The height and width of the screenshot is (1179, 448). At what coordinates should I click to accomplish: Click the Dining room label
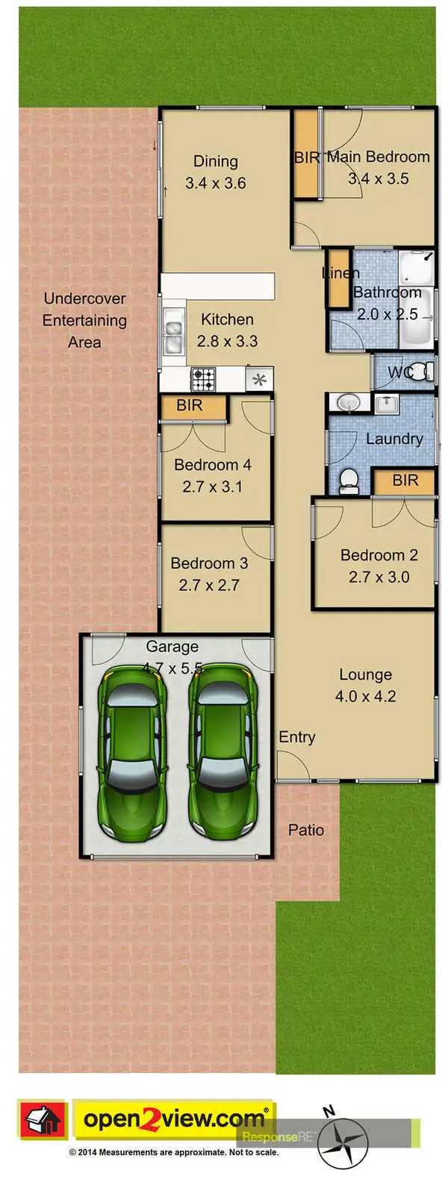click(x=215, y=161)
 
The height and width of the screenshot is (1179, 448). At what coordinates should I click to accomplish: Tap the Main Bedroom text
click(x=378, y=157)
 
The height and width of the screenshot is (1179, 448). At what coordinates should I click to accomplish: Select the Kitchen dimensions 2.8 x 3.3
click(x=227, y=341)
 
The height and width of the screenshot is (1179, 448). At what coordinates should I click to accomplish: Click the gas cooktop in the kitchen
click(x=203, y=379)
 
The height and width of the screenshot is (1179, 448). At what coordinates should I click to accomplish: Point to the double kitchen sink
click(x=173, y=337)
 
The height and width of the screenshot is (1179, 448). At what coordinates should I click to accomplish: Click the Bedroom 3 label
click(x=208, y=563)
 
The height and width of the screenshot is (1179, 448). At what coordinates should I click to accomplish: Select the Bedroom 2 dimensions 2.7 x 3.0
click(x=379, y=577)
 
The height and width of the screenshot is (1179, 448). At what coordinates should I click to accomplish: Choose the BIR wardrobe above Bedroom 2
click(x=404, y=481)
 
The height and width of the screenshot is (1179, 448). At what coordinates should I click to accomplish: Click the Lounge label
click(x=365, y=675)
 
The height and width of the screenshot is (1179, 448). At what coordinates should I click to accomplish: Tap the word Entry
click(x=296, y=737)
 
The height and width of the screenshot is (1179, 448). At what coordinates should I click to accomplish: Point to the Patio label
click(x=306, y=830)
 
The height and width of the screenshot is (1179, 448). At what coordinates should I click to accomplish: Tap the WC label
click(x=399, y=372)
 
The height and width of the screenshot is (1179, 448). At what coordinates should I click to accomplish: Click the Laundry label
click(x=393, y=439)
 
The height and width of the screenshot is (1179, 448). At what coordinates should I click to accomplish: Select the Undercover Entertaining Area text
click(x=84, y=320)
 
